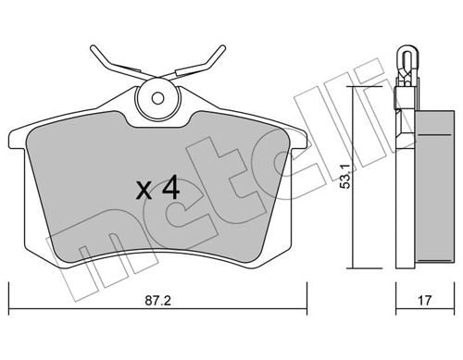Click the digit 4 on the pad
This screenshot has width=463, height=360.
coord(169,190)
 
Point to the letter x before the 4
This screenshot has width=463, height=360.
coord(144,192)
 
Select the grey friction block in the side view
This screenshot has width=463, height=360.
coord(432,185)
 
